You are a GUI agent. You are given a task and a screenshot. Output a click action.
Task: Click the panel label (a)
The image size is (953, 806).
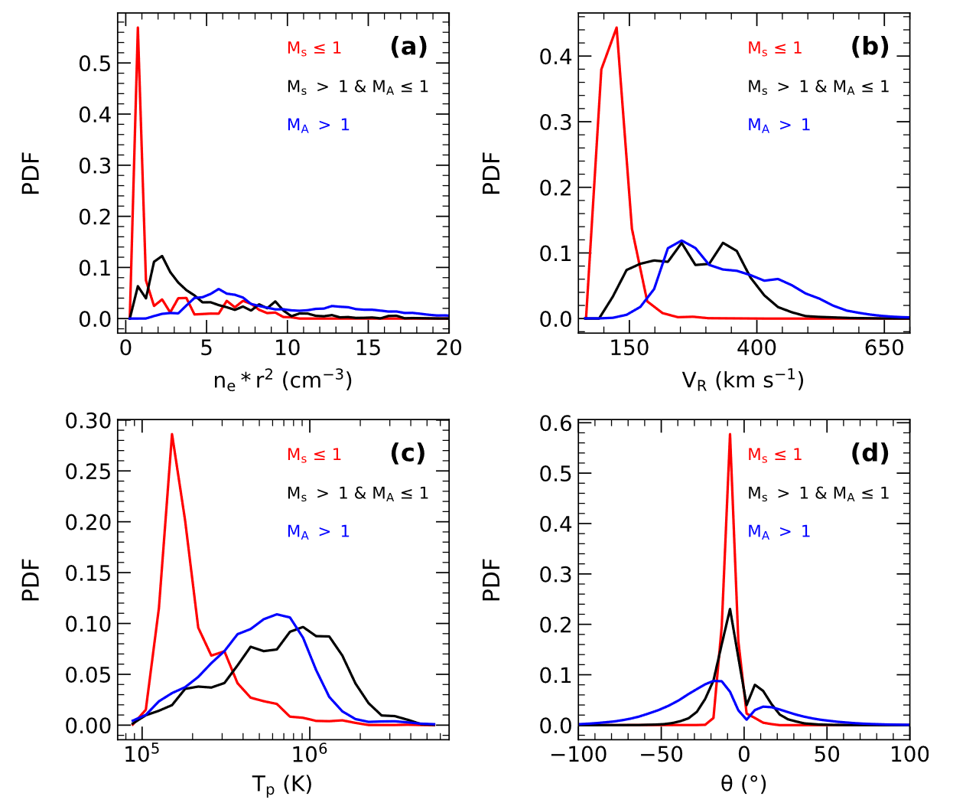(x=408, y=47)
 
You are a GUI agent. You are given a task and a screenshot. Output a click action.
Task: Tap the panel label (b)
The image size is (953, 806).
(x=870, y=47)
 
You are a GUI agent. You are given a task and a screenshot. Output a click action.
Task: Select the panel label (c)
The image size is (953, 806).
(x=408, y=453)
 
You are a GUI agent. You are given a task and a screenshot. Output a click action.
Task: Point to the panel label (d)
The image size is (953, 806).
(x=870, y=453)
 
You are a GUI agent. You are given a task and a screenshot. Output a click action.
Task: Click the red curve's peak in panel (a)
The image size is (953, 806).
(x=138, y=28)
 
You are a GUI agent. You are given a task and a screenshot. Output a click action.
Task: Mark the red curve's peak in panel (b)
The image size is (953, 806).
(x=616, y=28)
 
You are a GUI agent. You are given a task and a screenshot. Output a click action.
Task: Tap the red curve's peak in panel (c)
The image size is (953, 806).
(x=172, y=434)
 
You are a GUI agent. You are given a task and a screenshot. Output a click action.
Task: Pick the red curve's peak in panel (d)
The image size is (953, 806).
(x=730, y=434)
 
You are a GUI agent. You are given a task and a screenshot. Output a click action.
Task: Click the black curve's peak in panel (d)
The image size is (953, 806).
(x=730, y=609)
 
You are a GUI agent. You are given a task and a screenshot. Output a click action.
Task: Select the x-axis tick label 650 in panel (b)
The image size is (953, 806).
(x=884, y=348)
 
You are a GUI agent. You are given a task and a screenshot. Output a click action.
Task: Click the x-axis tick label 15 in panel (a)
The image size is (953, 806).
(x=368, y=348)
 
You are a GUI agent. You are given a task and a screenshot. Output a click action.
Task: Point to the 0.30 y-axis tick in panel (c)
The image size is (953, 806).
(x=89, y=421)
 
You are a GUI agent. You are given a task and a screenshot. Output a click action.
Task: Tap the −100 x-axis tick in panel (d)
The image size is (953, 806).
(x=580, y=755)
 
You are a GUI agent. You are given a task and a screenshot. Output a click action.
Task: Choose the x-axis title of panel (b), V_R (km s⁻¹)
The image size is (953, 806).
(x=743, y=380)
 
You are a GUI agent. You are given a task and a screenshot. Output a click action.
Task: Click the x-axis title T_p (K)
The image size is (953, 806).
(x=282, y=785)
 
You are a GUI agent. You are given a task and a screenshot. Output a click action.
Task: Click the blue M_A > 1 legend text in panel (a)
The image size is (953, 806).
(x=318, y=126)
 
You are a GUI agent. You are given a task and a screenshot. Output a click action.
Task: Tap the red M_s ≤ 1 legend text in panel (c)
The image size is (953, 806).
(x=314, y=455)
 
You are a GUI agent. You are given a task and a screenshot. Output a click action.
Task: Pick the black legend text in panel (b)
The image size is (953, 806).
(x=818, y=87)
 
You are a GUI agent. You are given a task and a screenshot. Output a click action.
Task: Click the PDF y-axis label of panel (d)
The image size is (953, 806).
(x=491, y=579)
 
